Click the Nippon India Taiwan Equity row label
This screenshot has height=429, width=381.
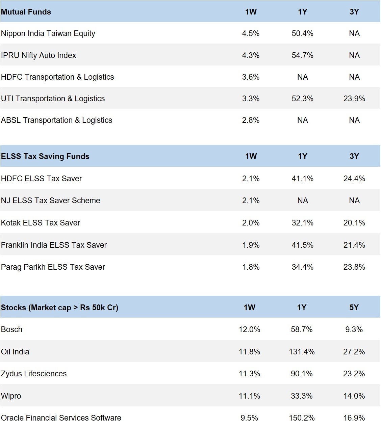48,33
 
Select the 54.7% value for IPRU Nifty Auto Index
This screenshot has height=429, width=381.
302,55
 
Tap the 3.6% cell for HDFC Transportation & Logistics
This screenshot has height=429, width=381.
251,77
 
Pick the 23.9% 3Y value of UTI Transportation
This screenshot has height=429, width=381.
354,99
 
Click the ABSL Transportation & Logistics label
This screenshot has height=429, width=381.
56,120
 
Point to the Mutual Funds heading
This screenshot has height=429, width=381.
26,12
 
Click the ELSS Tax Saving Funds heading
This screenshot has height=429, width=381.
45,156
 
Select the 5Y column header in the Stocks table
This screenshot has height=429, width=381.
354,307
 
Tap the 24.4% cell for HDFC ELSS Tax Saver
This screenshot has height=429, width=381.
354,179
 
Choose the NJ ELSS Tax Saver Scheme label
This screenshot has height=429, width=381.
51,200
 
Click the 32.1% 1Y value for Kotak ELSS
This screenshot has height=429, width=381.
302,223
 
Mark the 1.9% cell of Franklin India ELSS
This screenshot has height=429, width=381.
251,245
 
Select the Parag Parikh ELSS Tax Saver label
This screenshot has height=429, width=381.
53,267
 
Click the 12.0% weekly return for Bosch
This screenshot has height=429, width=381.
249,329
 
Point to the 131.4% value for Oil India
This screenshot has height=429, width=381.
302,352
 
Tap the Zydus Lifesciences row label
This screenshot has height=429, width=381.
34,374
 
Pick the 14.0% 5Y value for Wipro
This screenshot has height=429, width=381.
354,396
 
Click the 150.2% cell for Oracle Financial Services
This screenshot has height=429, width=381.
302,418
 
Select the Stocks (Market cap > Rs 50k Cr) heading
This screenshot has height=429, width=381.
59,307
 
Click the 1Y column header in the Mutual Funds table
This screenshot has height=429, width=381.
302,12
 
